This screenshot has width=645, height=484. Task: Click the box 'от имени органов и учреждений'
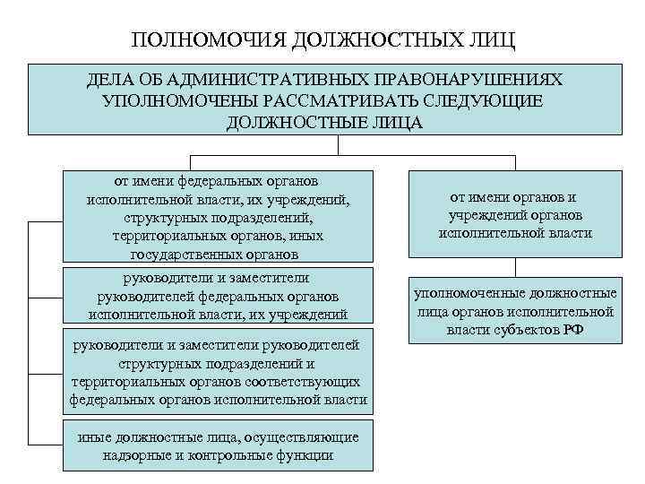point(514,215)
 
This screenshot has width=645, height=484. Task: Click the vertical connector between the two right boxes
point(514,268)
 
